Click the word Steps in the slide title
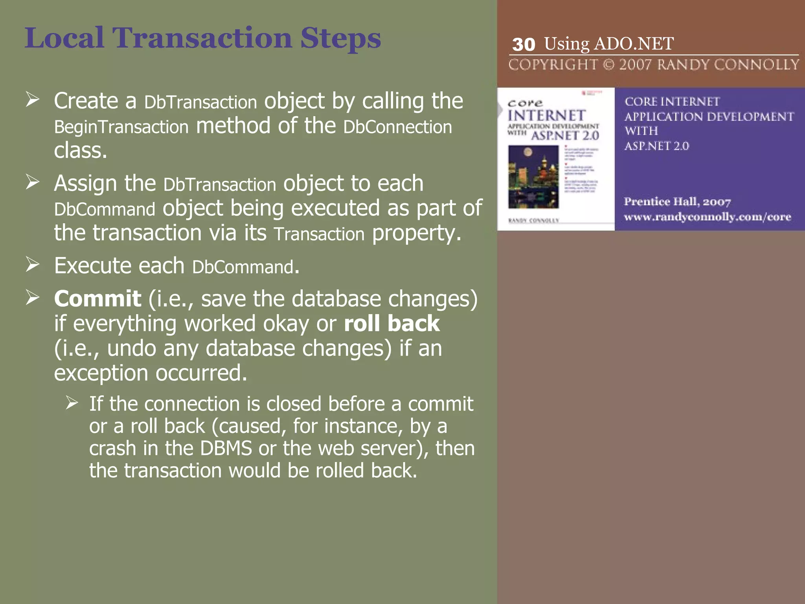point(340,39)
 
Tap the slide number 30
point(524,44)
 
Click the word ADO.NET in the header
point(634,44)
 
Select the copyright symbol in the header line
point(608,64)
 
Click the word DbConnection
point(397,127)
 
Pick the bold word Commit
point(97,299)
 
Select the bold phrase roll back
point(391,324)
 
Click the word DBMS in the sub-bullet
point(226,449)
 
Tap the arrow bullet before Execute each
point(33,265)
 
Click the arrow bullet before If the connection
point(72,403)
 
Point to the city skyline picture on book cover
point(533,177)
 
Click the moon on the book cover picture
point(528,152)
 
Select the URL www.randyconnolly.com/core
point(707,217)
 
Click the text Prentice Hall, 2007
point(677,202)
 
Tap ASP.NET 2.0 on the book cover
point(565,136)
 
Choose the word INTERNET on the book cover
point(546,116)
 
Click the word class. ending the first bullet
point(81,151)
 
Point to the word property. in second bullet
point(417,233)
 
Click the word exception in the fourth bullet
point(101,373)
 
